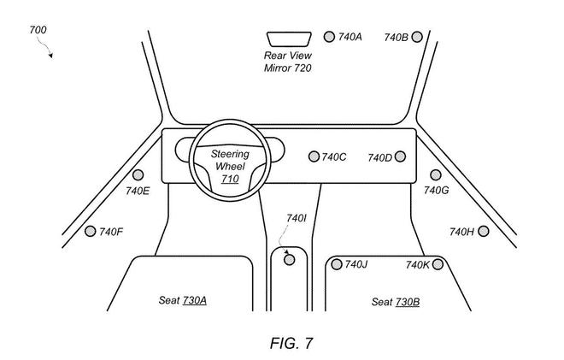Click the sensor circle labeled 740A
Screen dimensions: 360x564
pyautogui.click(x=329, y=37)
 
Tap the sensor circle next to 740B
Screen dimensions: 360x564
pyautogui.click(x=416, y=37)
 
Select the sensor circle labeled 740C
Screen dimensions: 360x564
pyautogui.click(x=314, y=156)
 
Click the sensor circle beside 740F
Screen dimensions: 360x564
pyautogui.click(x=91, y=231)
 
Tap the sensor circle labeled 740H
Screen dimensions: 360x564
pyautogui.click(x=483, y=231)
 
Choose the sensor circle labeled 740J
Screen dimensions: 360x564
pyautogui.click(x=336, y=264)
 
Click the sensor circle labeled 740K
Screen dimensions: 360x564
pyautogui.click(x=438, y=264)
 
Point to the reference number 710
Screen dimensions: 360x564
pyautogui.click(x=230, y=180)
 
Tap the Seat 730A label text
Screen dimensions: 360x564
pyautogui.click(x=182, y=301)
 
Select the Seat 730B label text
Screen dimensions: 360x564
pyautogui.click(x=395, y=302)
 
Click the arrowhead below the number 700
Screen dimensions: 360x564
pyautogui.click(x=51, y=56)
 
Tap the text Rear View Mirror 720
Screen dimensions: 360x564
pyautogui.click(x=287, y=62)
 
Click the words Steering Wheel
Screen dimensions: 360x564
pyautogui.click(x=229, y=160)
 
